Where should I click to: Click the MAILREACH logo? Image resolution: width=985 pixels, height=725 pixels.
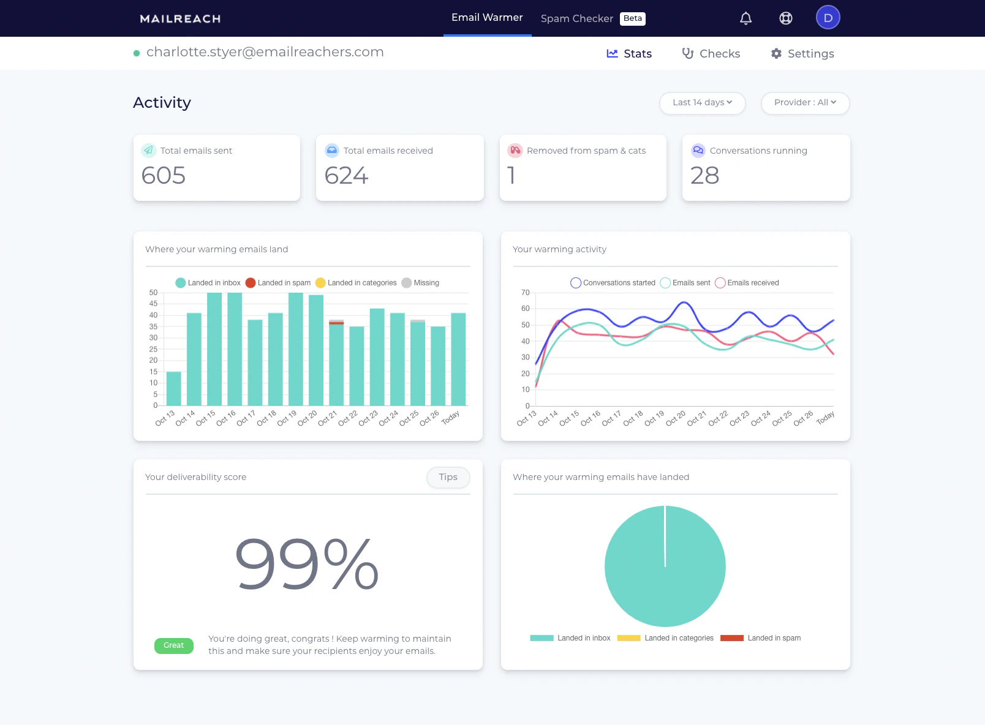coord(180,19)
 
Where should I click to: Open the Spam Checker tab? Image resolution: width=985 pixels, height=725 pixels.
coord(576,18)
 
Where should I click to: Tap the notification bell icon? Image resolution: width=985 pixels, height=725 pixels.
coord(745,18)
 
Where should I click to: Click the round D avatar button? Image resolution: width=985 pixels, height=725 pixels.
coord(828,18)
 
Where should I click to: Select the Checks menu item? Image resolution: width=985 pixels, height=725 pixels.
coord(711,54)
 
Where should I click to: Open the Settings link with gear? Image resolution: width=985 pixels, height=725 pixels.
coord(802,54)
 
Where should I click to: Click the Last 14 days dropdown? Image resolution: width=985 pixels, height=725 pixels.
coord(702,103)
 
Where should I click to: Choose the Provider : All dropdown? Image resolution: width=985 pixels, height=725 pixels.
coord(805,103)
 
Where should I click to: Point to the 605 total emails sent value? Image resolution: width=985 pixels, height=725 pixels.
coord(164,176)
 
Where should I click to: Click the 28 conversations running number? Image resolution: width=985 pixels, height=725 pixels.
coord(704,176)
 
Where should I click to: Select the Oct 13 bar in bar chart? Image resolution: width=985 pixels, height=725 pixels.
coord(174,388)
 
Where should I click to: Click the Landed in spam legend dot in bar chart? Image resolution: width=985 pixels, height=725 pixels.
coord(251,283)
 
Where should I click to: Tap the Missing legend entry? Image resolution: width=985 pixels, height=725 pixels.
coord(421,283)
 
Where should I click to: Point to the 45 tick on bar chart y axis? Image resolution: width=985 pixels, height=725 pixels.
coord(153,304)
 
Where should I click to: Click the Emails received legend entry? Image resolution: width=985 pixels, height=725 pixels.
coord(747,283)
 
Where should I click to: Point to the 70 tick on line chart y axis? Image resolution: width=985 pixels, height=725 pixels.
coord(526,293)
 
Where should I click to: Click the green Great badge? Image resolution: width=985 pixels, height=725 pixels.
coord(174,645)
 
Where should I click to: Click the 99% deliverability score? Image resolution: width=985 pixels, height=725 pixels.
coord(307,565)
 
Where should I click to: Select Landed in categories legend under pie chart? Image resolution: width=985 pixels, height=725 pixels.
coord(666,638)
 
